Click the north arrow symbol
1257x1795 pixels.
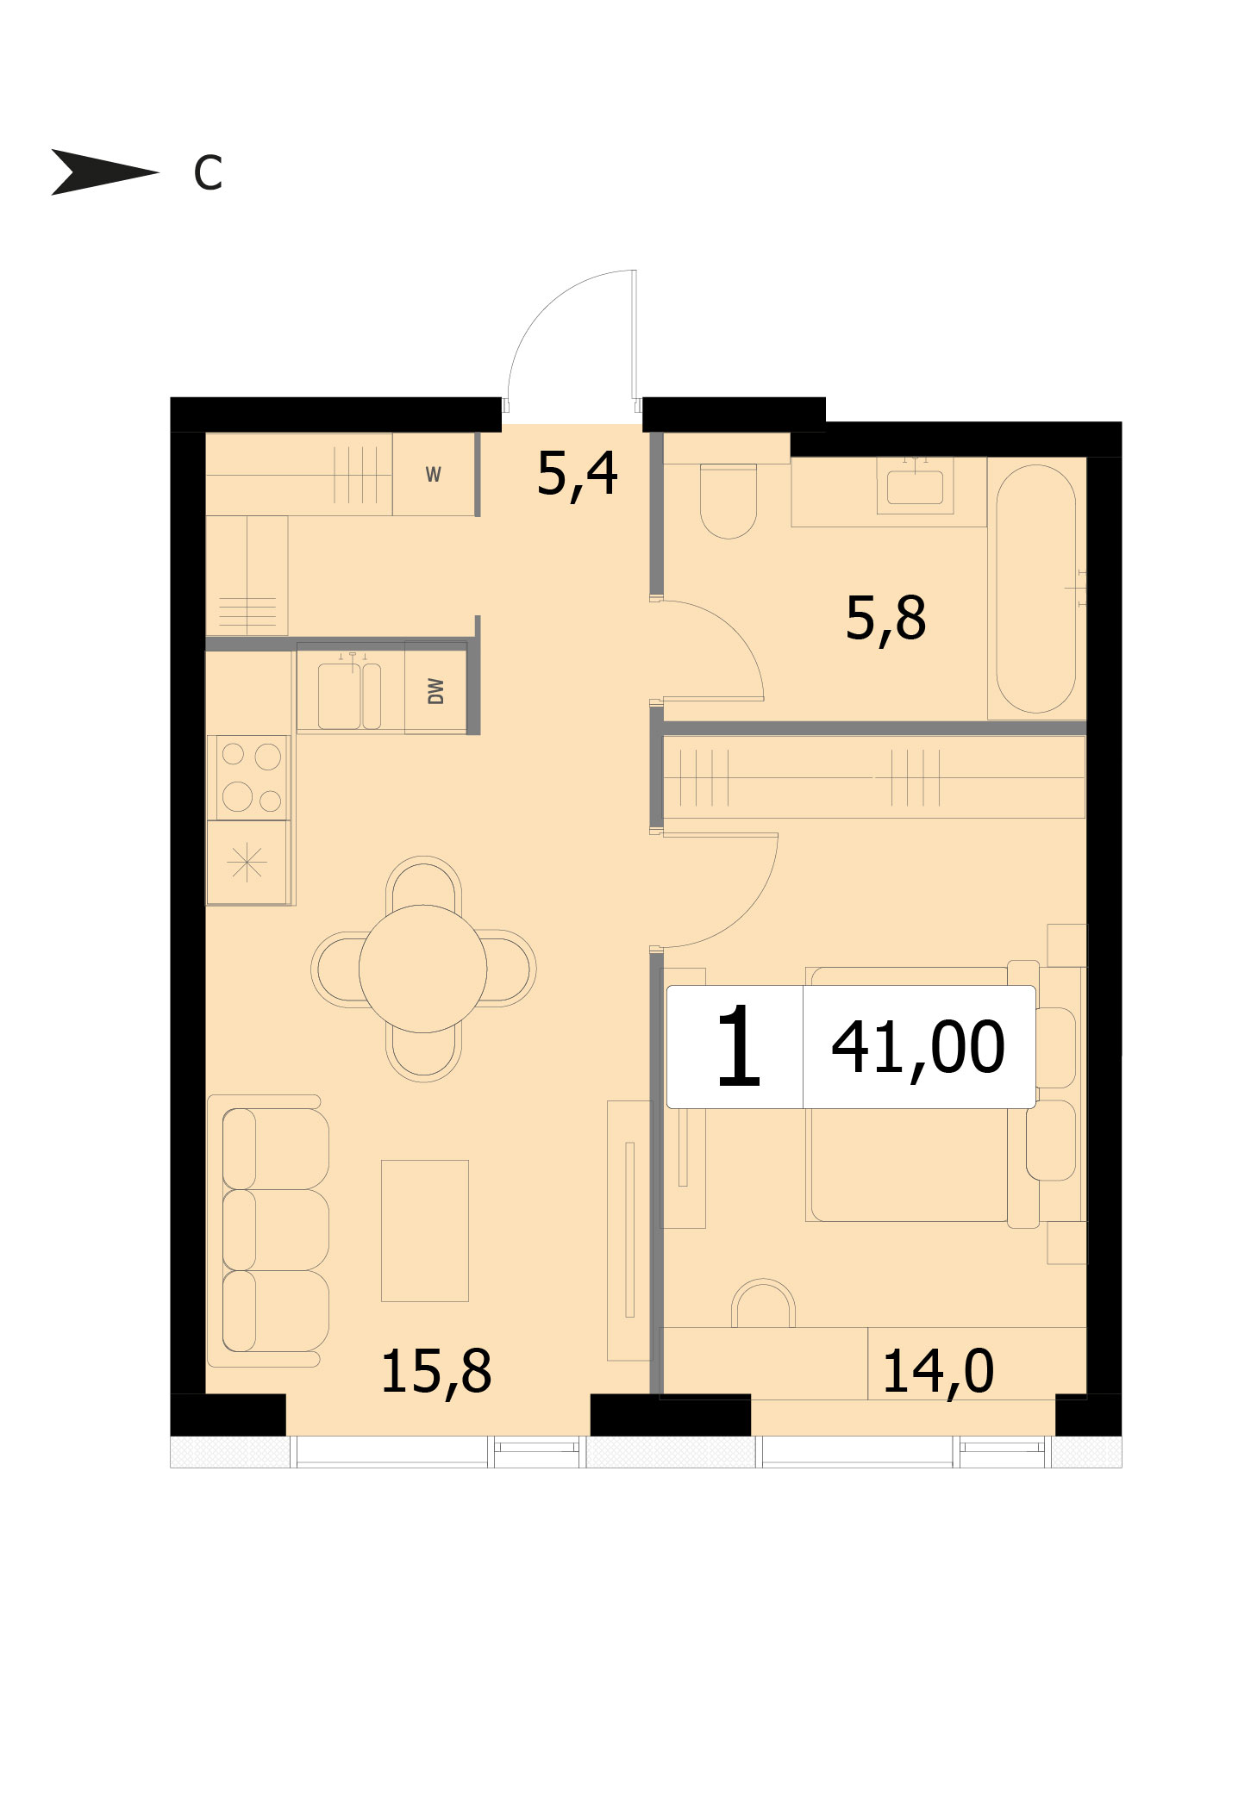[103, 171]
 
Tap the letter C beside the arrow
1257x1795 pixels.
[208, 173]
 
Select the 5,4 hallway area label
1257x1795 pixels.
[577, 474]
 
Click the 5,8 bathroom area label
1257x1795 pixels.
[885, 619]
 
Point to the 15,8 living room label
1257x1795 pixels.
[435, 1371]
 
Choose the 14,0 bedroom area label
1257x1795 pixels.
[938, 1371]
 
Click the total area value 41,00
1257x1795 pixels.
[918, 1047]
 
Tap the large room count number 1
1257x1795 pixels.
[738, 1046]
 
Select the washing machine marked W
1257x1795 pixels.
[434, 474]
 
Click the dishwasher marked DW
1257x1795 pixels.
[435, 690]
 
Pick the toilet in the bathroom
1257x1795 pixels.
[729, 501]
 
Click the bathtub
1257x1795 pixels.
[1036, 589]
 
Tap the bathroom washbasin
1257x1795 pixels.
[915, 486]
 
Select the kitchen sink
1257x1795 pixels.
[349, 694]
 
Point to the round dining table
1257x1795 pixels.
[422, 969]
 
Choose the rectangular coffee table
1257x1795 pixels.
[425, 1231]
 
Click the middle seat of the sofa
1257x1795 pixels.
[276, 1230]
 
